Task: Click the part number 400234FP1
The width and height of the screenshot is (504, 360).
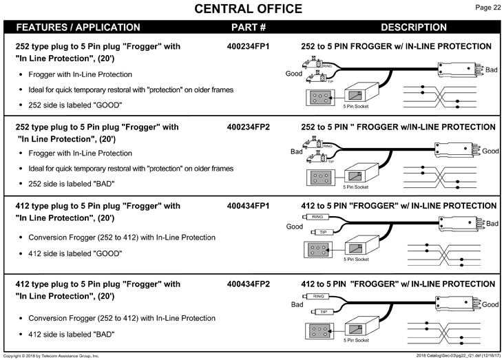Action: (248, 47)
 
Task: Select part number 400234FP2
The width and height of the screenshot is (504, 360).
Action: (248, 127)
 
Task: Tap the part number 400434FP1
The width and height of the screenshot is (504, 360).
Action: (248, 206)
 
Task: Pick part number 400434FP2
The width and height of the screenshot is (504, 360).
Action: (248, 284)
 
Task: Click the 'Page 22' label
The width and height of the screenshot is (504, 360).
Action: (487, 8)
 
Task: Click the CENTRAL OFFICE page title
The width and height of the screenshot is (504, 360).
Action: (248, 9)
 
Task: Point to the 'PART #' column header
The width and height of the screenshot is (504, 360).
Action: (249, 28)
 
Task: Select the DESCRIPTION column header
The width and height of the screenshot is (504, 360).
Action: (414, 28)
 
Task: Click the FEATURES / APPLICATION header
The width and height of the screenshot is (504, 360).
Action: (78, 28)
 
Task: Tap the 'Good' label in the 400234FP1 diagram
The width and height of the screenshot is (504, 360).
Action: (294, 74)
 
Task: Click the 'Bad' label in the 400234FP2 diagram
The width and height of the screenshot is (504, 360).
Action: (296, 151)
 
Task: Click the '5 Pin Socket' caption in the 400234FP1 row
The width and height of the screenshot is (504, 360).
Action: (356, 107)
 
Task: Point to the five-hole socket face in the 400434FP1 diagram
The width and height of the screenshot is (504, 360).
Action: (318, 250)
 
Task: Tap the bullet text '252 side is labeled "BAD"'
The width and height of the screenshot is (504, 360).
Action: (72, 184)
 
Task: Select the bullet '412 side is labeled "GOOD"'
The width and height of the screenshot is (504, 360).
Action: (75, 254)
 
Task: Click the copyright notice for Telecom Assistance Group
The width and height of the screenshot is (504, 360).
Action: (51, 356)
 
